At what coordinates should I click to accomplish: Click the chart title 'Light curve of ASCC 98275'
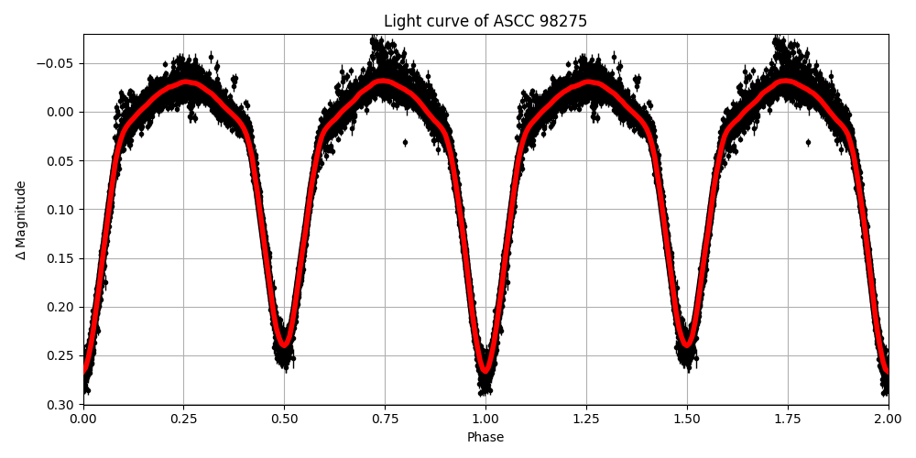tap(485, 21)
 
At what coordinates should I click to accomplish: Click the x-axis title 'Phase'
tap(485, 438)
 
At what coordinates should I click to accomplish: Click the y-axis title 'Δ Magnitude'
tap(21, 220)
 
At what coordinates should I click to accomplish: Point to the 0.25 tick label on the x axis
tap(183, 420)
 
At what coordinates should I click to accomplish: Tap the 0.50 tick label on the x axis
tap(284, 420)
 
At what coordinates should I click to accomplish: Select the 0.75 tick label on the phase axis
tap(385, 420)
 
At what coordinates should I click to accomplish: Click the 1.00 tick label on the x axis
tap(485, 420)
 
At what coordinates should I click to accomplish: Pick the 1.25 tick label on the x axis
tap(586, 420)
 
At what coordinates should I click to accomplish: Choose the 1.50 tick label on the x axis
tap(687, 420)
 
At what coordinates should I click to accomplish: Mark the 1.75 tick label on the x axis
tap(788, 420)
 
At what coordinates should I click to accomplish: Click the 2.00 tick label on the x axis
tap(888, 420)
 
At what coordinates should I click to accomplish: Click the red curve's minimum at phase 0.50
tap(284, 345)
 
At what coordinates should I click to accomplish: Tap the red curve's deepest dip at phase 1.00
tap(485, 372)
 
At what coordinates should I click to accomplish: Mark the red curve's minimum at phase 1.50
tap(687, 345)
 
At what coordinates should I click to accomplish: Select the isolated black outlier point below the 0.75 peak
tap(405, 142)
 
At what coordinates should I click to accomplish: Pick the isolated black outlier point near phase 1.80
tap(808, 142)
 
